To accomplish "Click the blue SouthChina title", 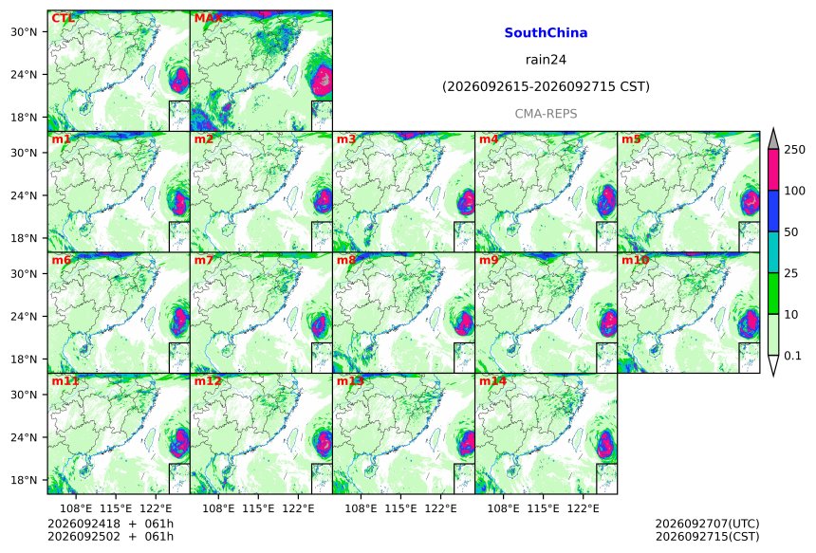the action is click(x=546, y=33).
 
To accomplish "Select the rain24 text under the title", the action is click(x=546, y=60).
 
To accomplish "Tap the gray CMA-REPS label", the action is click(x=546, y=114).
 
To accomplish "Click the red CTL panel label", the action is click(x=63, y=18).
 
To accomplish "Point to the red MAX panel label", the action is click(x=208, y=18).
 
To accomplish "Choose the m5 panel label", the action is click(x=631, y=139).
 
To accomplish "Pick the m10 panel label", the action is click(x=635, y=260).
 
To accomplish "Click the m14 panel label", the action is click(x=492, y=381).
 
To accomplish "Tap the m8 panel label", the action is click(x=346, y=260).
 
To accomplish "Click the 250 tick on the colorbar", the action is click(x=795, y=150).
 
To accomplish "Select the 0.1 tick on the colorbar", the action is click(x=792, y=356).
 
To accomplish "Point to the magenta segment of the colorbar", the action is click(x=772, y=170).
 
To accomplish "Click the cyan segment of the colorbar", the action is click(x=772, y=252).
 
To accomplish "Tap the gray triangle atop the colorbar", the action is click(x=772, y=139).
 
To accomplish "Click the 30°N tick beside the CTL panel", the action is click(x=24, y=32).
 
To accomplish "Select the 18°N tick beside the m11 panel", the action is click(x=24, y=480).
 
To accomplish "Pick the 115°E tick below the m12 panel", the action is click(x=258, y=507).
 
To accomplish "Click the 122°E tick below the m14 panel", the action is click(x=583, y=507).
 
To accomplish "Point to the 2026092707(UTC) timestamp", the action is click(x=707, y=524).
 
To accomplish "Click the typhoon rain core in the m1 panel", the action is click(x=180, y=203).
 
